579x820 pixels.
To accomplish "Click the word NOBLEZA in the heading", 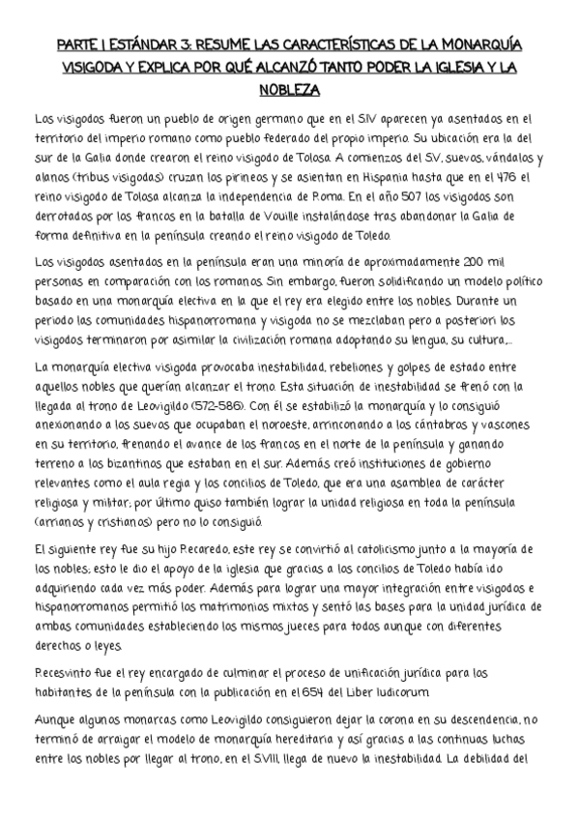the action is pyautogui.click(x=289, y=90).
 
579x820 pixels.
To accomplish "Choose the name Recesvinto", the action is pyautogui.click(x=67, y=677).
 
